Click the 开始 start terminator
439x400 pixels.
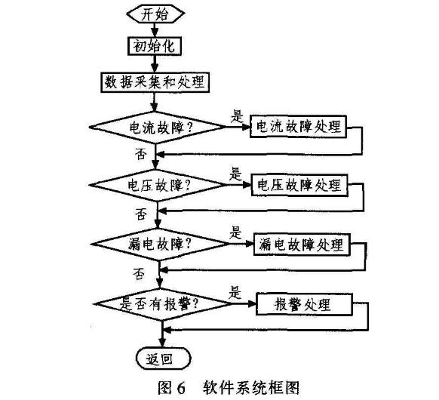coord(155,14)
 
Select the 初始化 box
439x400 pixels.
coord(155,46)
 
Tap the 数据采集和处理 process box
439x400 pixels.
coord(155,82)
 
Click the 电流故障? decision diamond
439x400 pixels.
coord(158,128)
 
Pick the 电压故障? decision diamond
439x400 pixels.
coord(158,185)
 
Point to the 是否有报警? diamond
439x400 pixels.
coord(162,304)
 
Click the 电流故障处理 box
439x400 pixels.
coord(298,126)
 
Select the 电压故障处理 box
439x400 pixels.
coord(299,185)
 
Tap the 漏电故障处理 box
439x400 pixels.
coord(302,245)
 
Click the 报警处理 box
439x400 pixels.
coord(304,304)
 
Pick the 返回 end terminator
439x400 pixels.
coord(163,358)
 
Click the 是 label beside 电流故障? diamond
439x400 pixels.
coord(237,116)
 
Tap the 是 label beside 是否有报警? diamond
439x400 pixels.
coord(235,292)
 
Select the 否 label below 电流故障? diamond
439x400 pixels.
coord(141,154)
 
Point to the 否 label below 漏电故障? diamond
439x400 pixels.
coord(139,274)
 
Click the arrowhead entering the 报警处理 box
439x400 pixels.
coord(252,303)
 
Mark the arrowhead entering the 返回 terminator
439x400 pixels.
coord(162,343)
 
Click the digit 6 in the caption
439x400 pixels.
coord(181,388)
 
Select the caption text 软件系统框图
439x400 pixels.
coord(251,388)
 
